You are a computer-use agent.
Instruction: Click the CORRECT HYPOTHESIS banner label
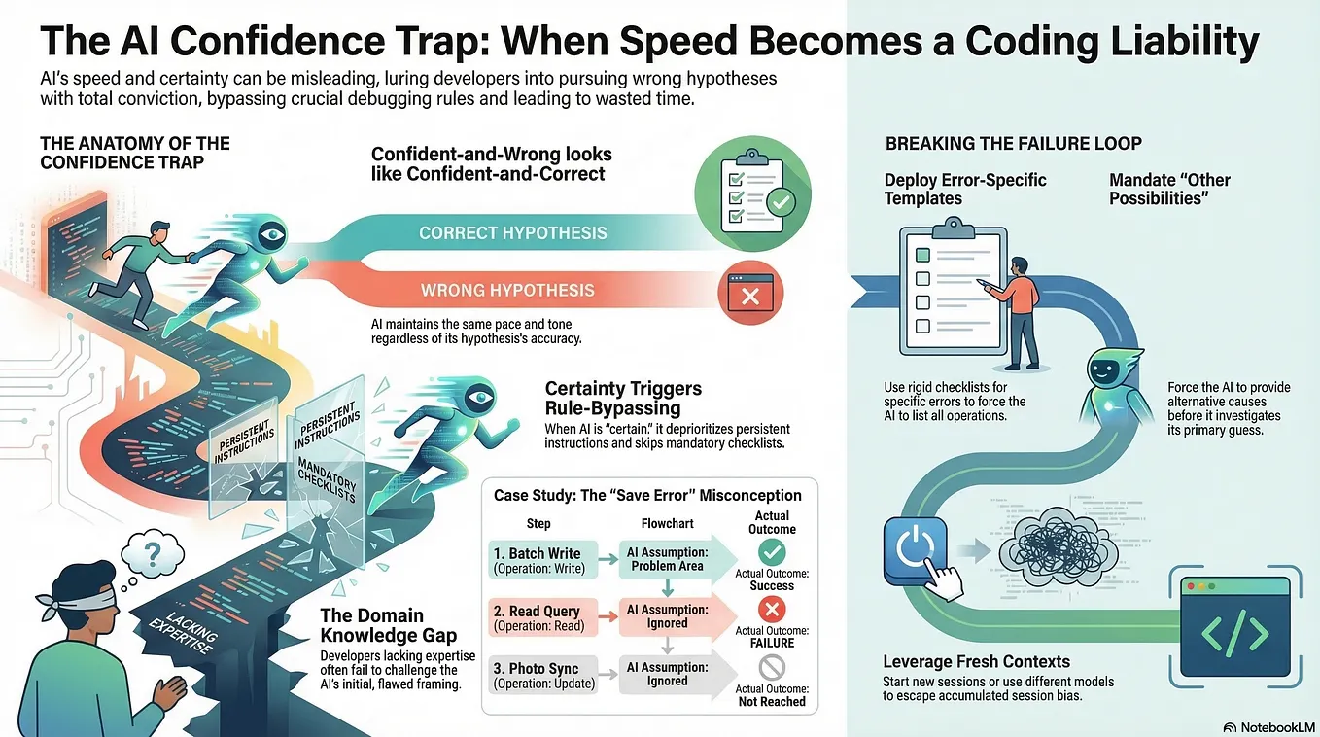click(x=512, y=233)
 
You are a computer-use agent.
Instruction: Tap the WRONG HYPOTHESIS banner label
click(x=507, y=290)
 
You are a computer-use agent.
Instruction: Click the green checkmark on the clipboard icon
click(x=781, y=203)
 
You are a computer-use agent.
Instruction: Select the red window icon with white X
click(x=750, y=293)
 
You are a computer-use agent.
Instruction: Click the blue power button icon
click(x=916, y=549)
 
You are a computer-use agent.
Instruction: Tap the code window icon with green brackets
click(x=1235, y=627)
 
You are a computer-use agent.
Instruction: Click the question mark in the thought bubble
click(x=153, y=555)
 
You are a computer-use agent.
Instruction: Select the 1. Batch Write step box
click(x=543, y=559)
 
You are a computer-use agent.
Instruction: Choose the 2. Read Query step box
click(x=543, y=617)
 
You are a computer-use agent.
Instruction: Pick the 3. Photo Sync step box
click(x=543, y=675)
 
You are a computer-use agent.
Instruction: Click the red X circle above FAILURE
click(x=772, y=609)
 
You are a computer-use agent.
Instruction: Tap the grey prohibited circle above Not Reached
click(x=772, y=667)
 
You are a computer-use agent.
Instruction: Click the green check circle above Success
click(x=772, y=552)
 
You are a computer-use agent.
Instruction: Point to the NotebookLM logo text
click(x=1277, y=727)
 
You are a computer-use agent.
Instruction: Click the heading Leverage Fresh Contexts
click(x=977, y=661)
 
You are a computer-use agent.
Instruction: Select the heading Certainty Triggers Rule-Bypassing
click(x=623, y=398)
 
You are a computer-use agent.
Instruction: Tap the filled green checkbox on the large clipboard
click(x=922, y=255)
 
